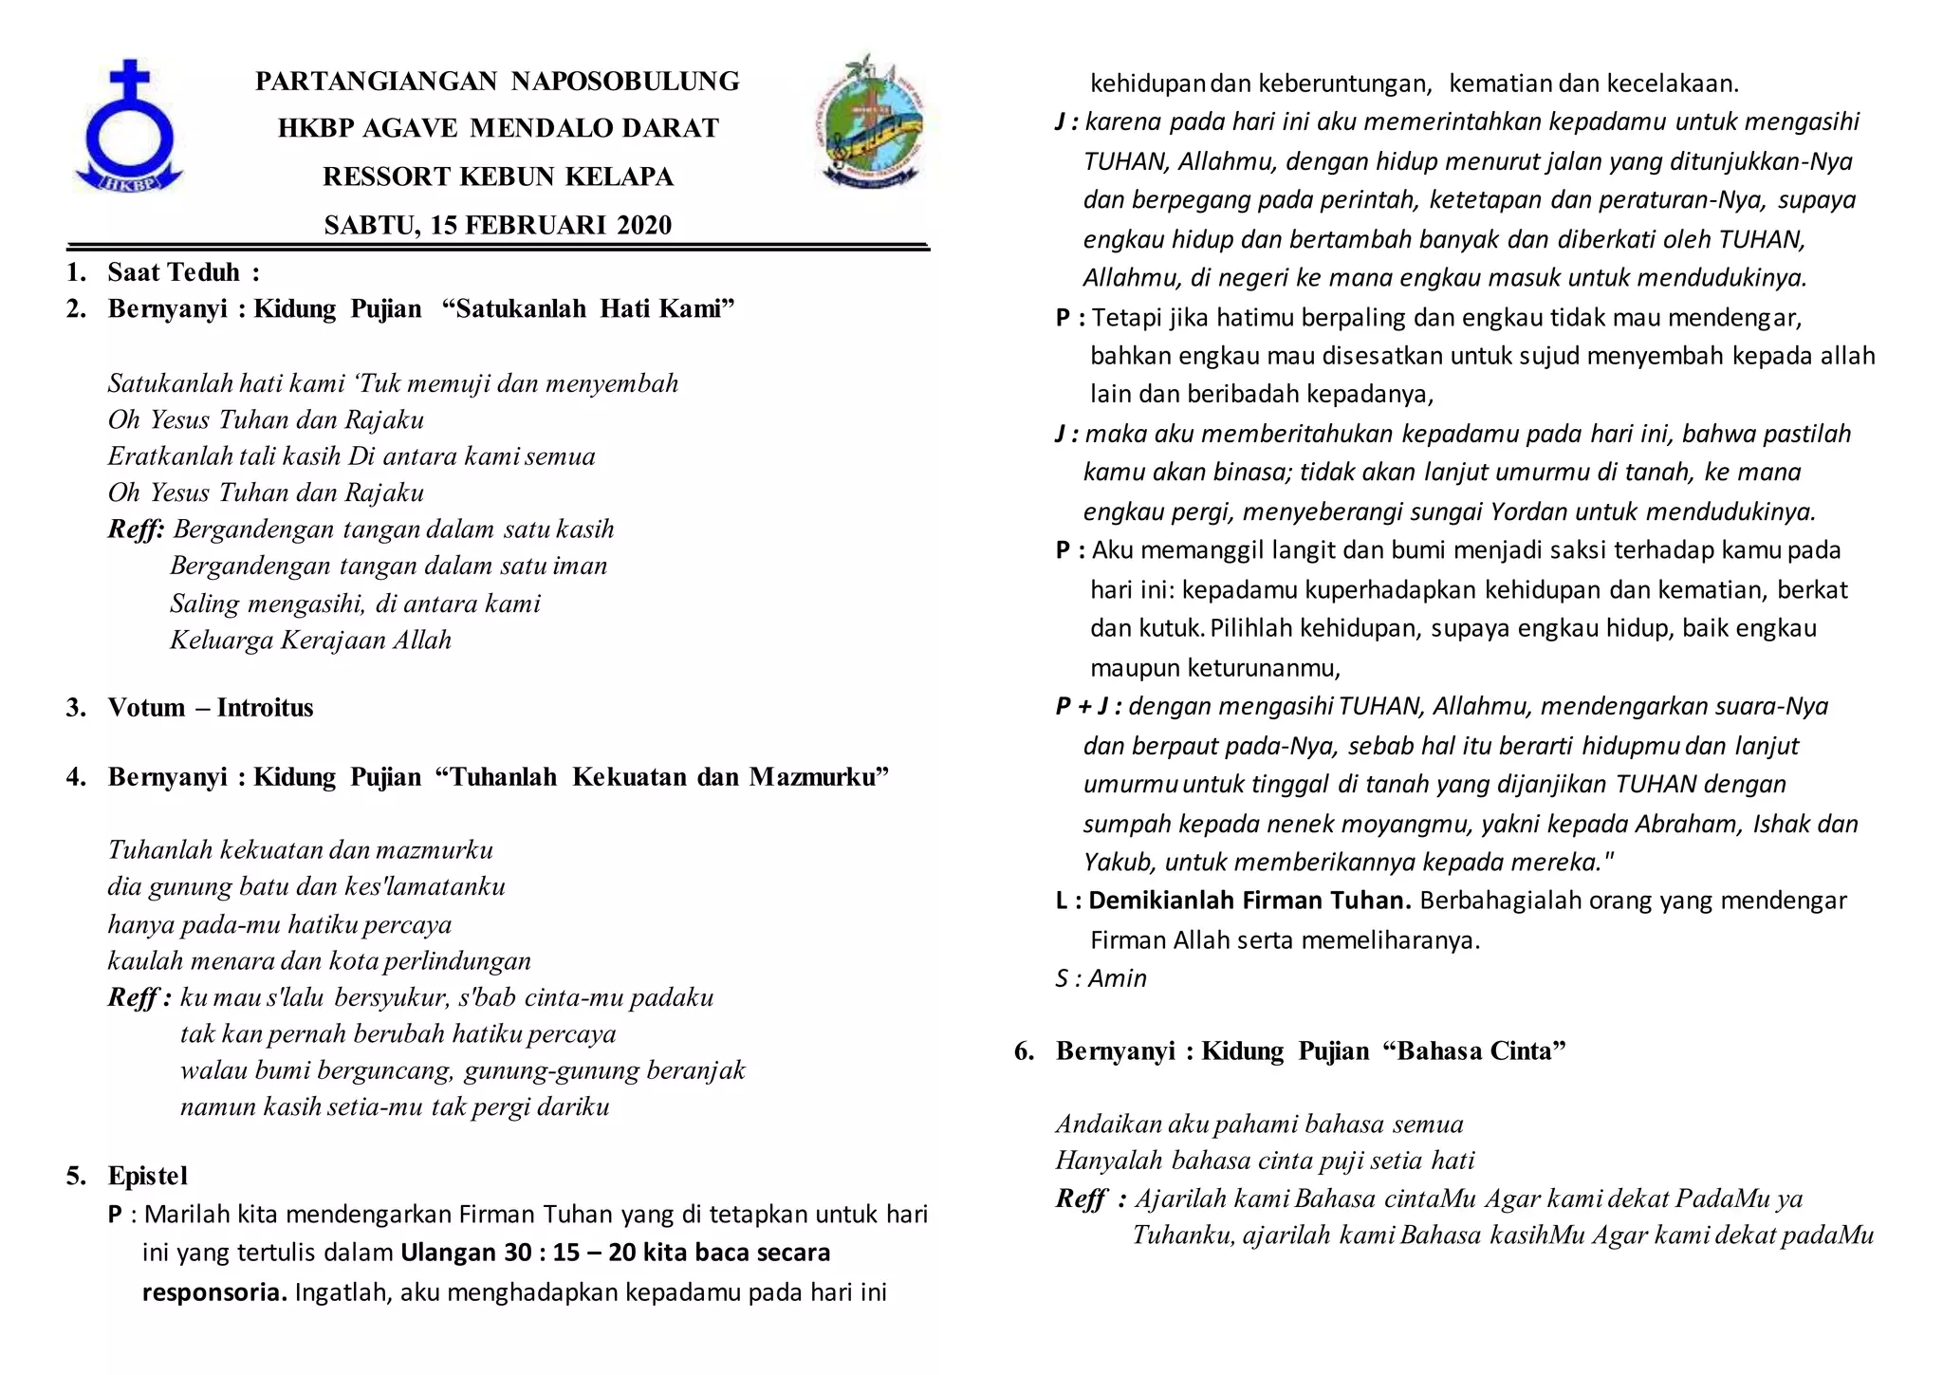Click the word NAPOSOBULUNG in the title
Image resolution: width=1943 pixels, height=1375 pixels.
[x=625, y=82]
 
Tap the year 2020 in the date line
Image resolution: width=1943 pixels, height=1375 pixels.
[x=644, y=226]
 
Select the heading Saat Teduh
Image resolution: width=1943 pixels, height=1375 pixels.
[x=174, y=273]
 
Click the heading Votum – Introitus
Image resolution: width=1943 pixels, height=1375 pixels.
[x=210, y=708]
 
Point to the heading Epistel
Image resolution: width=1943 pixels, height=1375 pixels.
[x=148, y=1177]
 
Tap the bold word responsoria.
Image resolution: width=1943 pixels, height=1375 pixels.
[x=214, y=1293]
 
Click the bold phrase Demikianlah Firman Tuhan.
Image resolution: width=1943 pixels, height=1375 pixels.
[x=1250, y=901]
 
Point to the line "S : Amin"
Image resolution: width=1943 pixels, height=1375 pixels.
[x=1101, y=978]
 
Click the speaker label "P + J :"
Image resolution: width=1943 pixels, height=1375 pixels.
[x=1088, y=707]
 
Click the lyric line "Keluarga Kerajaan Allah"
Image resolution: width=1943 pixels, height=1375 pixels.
[x=310, y=641]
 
